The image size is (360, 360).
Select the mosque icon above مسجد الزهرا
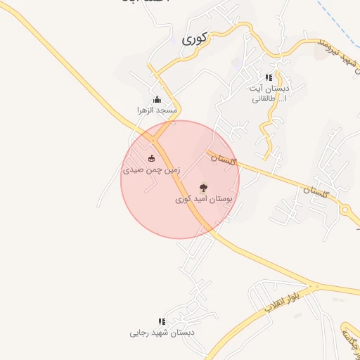point(156,99)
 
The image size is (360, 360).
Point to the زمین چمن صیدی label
point(152,169)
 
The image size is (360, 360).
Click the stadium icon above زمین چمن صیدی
point(152,157)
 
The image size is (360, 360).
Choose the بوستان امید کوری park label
point(204,200)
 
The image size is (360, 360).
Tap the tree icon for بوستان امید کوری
point(204,188)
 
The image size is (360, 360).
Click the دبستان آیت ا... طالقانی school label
point(268,94)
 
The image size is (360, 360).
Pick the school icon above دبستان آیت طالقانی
point(268,78)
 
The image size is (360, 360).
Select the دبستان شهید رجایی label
point(162,333)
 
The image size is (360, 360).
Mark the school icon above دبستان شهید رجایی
point(162,321)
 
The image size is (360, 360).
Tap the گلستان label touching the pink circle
point(221,159)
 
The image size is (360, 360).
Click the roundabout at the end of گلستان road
point(345,210)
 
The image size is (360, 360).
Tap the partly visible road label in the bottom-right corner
point(349,341)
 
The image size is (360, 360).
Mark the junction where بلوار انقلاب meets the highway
point(316,287)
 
